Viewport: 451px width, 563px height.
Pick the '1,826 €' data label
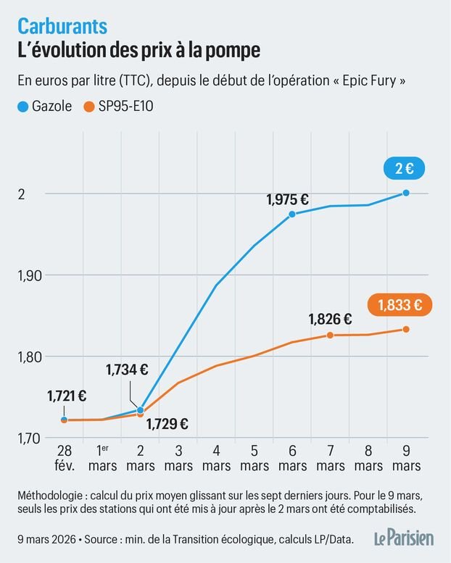330,318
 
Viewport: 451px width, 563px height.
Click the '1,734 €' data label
127,370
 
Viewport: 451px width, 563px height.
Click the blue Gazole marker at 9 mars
406,193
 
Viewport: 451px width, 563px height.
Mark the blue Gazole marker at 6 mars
292,214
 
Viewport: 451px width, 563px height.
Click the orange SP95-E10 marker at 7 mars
330,335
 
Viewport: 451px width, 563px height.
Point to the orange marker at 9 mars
406,330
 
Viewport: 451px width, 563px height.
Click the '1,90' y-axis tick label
28,275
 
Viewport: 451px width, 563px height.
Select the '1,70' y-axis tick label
28,438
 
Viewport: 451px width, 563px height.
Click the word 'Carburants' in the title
62,27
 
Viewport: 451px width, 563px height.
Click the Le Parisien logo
404,538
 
